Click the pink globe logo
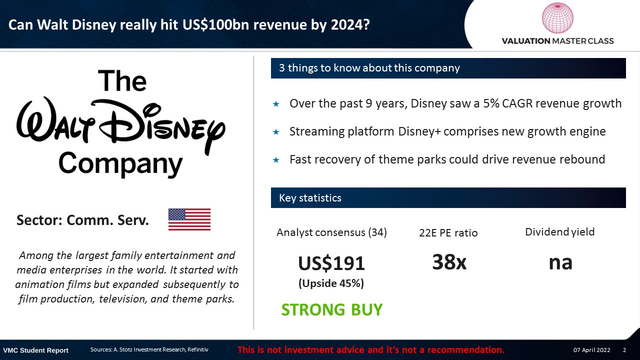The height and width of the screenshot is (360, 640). (x=557, y=17)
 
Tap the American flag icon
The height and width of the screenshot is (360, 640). (x=189, y=219)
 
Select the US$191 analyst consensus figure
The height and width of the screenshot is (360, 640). (x=331, y=263)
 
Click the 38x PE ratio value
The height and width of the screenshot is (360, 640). (x=449, y=262)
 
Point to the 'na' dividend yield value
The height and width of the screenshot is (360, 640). (x=560, y=263)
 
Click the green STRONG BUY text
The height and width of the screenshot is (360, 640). (x=331, y=309)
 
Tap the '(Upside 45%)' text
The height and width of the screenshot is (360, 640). (x=331, y=283)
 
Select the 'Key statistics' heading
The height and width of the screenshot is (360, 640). (x=310, y=197)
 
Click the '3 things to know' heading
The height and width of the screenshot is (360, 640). (x=369, y=68)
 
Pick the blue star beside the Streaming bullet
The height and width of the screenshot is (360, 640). (x=276, y=132)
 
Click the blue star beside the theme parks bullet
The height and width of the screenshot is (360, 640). (x=276, y=159)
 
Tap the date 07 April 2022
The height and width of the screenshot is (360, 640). (x=591, y=350)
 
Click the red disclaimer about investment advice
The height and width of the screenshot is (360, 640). (x=371, y=349)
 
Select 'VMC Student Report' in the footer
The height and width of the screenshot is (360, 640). (x=35, y=350)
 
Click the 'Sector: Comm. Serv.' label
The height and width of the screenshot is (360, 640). (x=82, y=220)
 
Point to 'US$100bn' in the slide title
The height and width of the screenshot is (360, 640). (x=216, y=25)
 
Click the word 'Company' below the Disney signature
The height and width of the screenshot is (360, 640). (x=120, y=164)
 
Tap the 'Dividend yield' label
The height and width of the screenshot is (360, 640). (x=559, y=232)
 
